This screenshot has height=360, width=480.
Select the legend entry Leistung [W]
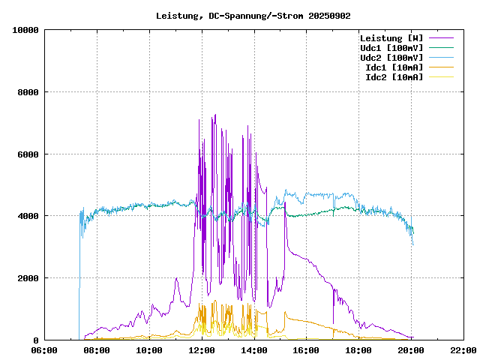click(391, 38)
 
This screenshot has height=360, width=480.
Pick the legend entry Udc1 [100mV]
click(391, 48)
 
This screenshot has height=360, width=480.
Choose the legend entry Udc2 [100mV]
click(391, 58)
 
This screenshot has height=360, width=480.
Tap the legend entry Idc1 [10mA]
click(394, 67)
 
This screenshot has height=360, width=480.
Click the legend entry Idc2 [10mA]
click(394, 77)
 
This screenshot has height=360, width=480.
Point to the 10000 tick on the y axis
click(25, 30)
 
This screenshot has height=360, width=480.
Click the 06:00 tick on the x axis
click(44, 349)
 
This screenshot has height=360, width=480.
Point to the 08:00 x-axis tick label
click(97, 349)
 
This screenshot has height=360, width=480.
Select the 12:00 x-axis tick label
click(202, 349)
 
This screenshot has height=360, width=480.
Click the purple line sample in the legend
click(442, 38)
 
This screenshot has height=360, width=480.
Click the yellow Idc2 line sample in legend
click(442, 77)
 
